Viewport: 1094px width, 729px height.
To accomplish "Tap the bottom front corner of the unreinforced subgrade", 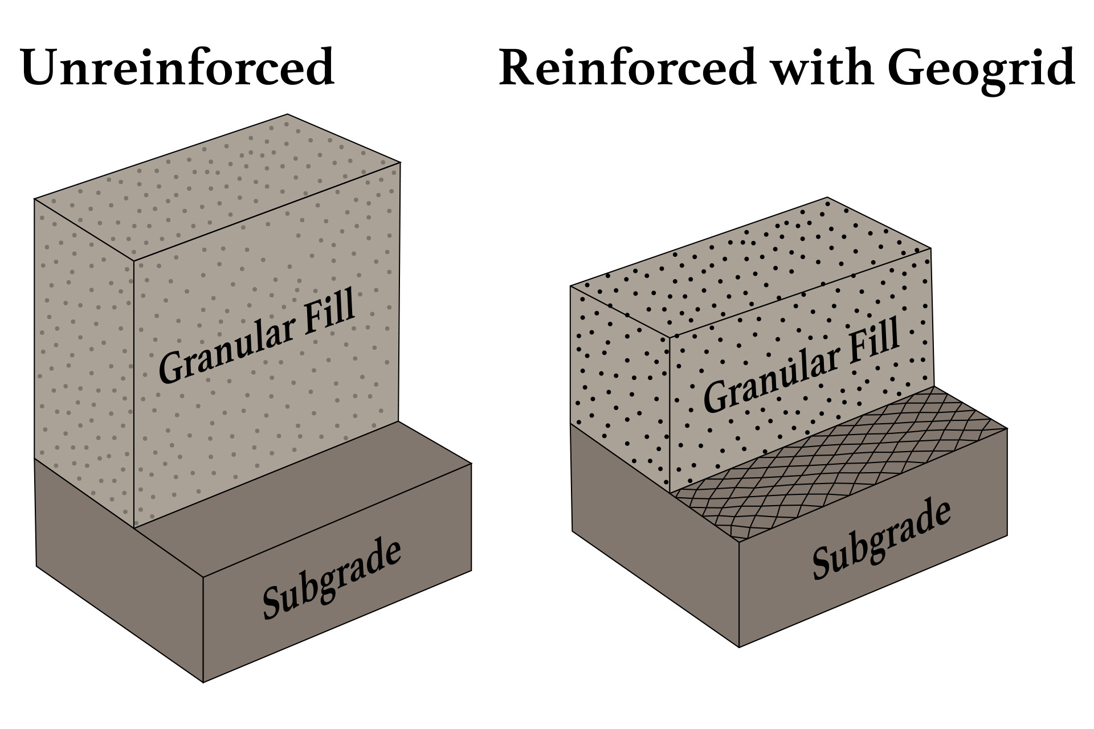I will (x=203, y=681).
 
